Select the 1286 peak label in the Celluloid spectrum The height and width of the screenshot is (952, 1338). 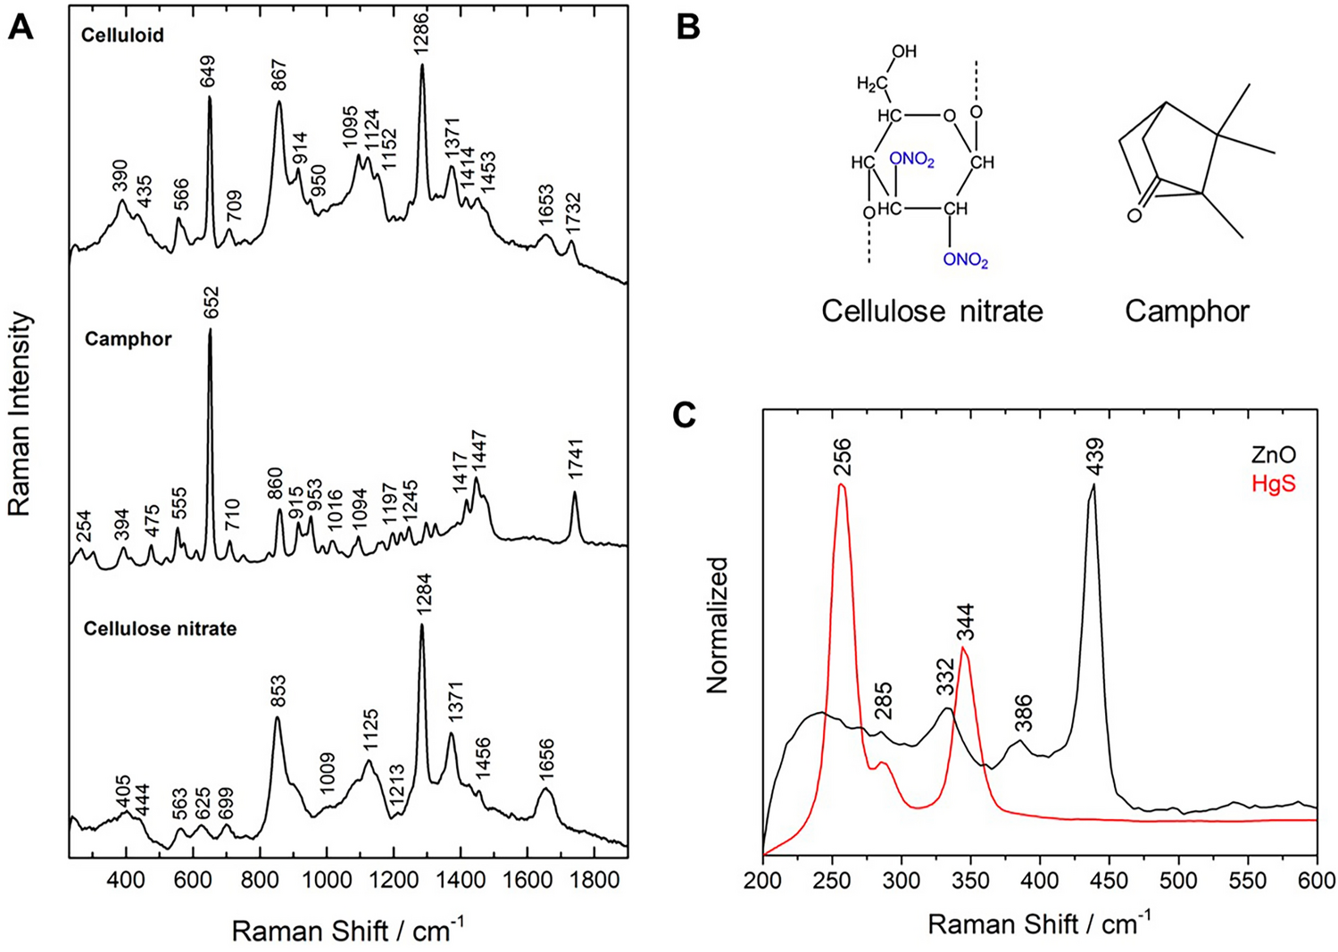[x=421, y=35]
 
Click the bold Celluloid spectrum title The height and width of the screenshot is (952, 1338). [x=122, y=36]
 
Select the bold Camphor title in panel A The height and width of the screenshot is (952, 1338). [x=128, y=340]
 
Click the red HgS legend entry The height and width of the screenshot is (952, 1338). [x=1274, y=484]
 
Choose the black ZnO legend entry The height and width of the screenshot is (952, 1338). [x=1273, y=456]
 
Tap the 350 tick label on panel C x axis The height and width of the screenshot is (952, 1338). [x=970, y=882]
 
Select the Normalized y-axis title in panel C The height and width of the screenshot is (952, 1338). [x=717, y=625]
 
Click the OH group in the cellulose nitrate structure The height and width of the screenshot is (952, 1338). [x=903, y=52]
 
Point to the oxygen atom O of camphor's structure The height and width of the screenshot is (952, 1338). [x=1134, y=215]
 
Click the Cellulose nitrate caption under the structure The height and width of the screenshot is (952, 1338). [x=932, y=310]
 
